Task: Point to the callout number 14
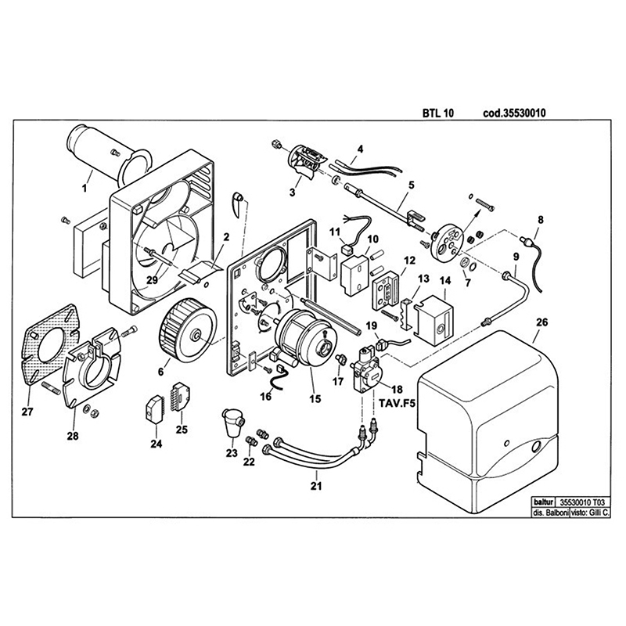445,279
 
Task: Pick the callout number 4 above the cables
361,149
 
